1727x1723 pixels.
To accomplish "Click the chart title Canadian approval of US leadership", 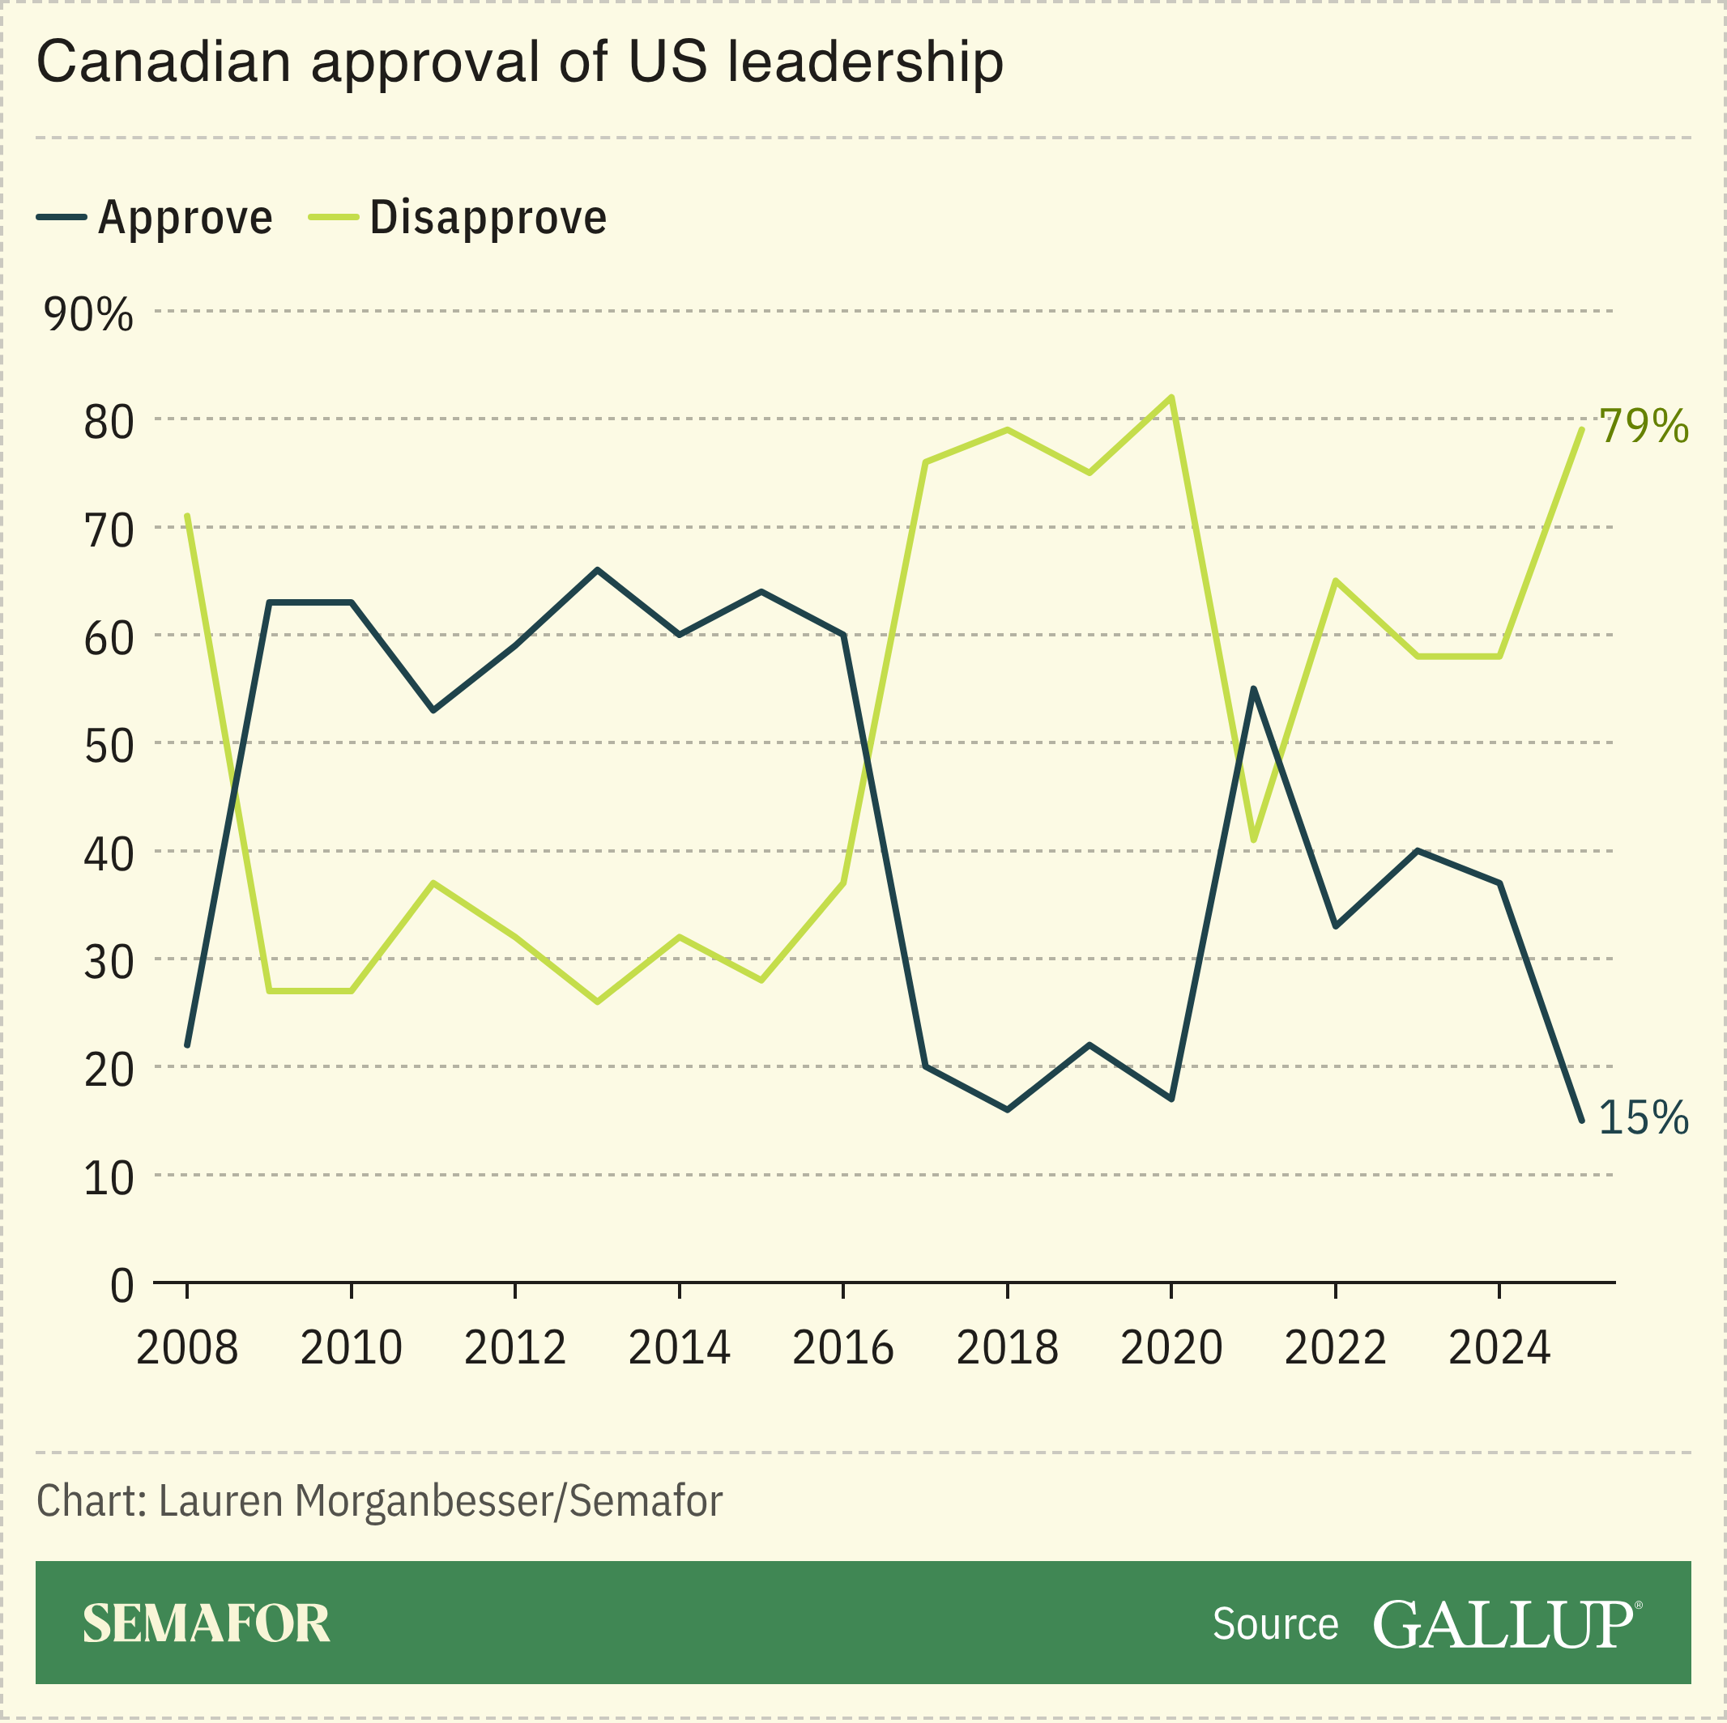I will (519, 62).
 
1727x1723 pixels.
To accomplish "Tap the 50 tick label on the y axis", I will (109, 746).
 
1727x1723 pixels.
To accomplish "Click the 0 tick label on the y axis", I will (122, 1286).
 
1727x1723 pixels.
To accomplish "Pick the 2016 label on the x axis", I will (843, 1347).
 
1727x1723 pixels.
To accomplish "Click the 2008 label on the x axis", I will (187, 1347).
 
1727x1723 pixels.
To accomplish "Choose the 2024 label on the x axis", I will (1499, 1347).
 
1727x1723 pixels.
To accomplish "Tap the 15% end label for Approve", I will (1643, 1117).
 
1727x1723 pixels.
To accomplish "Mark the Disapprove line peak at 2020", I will (1171, 397).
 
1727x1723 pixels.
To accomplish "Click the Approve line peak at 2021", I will (1253, 688).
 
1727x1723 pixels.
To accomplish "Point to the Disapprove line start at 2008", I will (187, 516).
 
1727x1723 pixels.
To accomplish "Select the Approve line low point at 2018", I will (1008, 1109).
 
